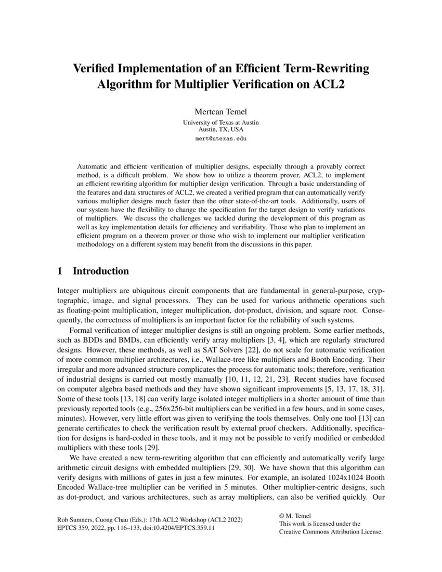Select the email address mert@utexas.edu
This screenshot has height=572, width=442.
click(220, 139)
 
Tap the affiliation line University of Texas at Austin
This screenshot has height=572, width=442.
click(220, 122)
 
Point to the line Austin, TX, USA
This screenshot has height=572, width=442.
click(220, 129)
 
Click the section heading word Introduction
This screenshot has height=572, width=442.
click(100, 271)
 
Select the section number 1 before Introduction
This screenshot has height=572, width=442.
click(59, 271)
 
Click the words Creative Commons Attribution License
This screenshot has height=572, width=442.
click(331, 532)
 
